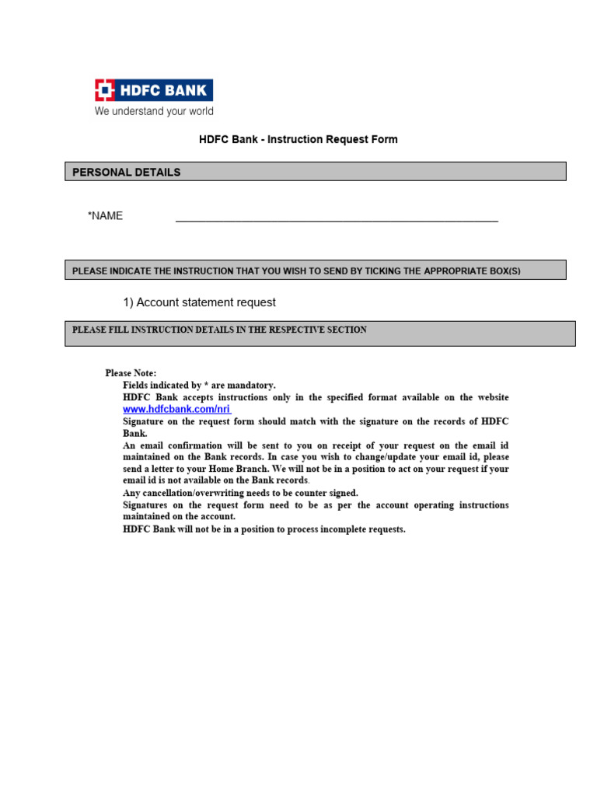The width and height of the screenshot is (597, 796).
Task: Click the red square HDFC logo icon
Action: [105, 90]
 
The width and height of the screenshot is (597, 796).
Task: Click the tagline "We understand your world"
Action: [154, 111]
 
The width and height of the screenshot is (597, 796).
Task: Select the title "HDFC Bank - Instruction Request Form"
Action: [298, 140]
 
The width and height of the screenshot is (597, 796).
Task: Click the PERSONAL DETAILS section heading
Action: [127, 172]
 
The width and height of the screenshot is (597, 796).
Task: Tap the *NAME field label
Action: [106, 216]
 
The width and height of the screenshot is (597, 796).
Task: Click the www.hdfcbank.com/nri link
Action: [176, 409]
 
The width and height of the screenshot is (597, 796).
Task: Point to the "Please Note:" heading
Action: [131, 373]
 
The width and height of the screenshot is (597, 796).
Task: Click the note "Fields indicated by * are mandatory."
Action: [199, 385]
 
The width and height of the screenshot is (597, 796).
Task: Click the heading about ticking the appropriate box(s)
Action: [295, 271]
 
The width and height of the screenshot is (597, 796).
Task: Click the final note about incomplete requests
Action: [264, 529]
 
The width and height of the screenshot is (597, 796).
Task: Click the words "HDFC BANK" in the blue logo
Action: [163, 90]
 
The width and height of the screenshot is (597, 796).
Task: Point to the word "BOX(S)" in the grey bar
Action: [502, 271]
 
